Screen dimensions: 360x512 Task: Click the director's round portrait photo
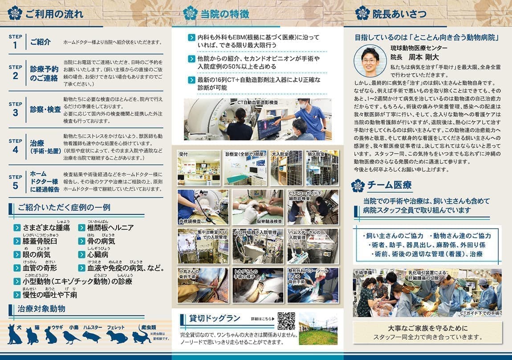point(370,62)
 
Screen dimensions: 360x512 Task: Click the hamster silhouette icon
point(92,336)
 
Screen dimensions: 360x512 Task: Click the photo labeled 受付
point(199,168)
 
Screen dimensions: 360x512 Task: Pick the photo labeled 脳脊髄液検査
point(257,207)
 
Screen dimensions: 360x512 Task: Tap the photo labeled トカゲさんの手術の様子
point(257,285)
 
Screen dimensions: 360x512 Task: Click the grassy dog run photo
point(318,328)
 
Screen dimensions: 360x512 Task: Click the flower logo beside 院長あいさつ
point(362,13)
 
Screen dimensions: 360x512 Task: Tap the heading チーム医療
point(389,185)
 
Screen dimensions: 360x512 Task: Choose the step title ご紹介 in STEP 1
point(41,42)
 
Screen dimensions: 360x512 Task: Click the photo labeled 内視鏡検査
point(203,207)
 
